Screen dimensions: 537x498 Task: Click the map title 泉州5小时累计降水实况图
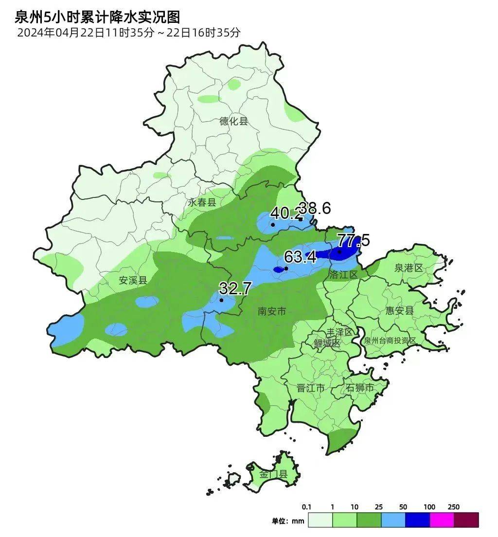pyautogui.click(x=97, y=18)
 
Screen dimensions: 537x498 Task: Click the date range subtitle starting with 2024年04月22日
pyautogui.click(x=129, y=33)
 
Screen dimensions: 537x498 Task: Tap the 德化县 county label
pyautogui.click(x=233, y=121)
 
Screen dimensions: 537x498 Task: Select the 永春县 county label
pyautogui.click(x=202, y=202)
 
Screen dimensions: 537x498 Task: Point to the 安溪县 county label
pyautogui.click(x=133, y=281)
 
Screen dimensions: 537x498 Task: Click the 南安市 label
pyautogui.click(x=272, y=311)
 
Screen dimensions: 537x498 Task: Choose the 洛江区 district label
pyautogui.click(x=343, y=275)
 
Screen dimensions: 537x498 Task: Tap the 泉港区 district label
pyautogui.click(x=409, y=268)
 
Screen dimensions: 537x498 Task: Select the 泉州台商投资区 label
pyautogui.click(x=390, y=340)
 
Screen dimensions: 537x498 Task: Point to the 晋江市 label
pyautogui.click(x=311, y=388)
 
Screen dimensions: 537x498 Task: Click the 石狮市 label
pyautogui.click(x=360, y=388)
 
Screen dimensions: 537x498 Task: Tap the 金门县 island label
pyautogui.click(x=273, y=474)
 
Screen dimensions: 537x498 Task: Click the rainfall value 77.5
pyautogui.click(x=354, y=240)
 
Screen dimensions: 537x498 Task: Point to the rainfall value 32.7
pyautogui.click(x=235, y=288)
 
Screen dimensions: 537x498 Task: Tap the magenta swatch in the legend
pyautogui.click(x=442, y=520)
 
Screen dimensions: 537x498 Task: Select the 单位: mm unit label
pyautogui.click(x=288, y=521)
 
